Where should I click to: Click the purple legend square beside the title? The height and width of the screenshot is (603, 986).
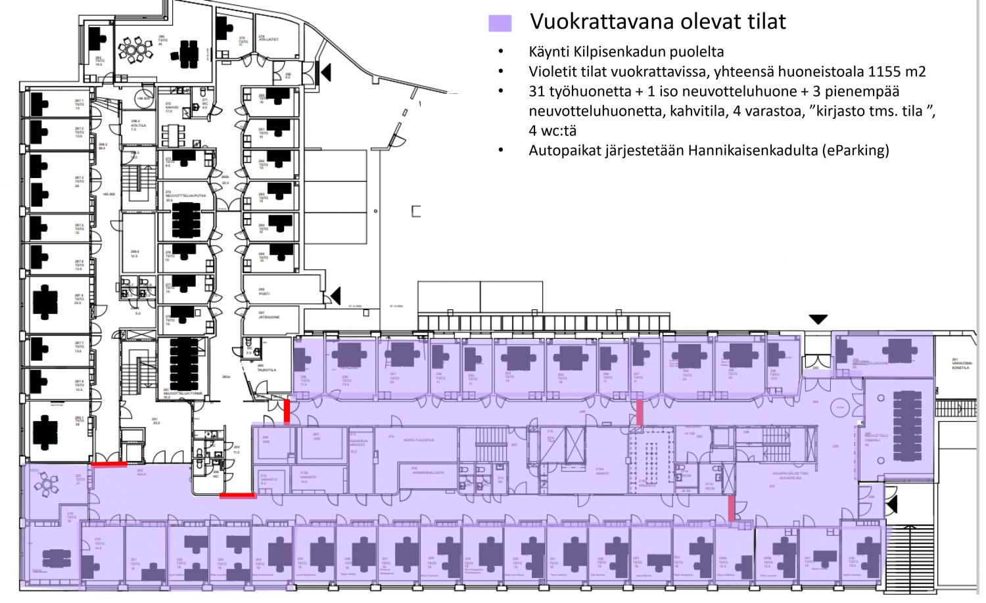coord(500,24)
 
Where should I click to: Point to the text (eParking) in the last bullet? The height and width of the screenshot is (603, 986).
coord(855,150)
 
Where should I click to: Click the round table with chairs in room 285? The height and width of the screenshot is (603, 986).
coord(135,50)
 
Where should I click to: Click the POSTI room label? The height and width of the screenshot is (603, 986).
coord(264,293)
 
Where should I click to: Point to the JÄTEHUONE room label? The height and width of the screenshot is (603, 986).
coord(268,317)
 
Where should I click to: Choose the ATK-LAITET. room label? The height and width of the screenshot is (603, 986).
coord(268,39)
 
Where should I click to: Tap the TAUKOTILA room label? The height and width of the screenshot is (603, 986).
coord(267,370)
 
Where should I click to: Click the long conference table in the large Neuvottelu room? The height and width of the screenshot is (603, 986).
coord(908,426)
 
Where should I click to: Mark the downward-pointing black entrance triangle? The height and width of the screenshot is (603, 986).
coord(818,320)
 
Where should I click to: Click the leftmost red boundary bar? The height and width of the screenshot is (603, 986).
coord(108,464)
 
